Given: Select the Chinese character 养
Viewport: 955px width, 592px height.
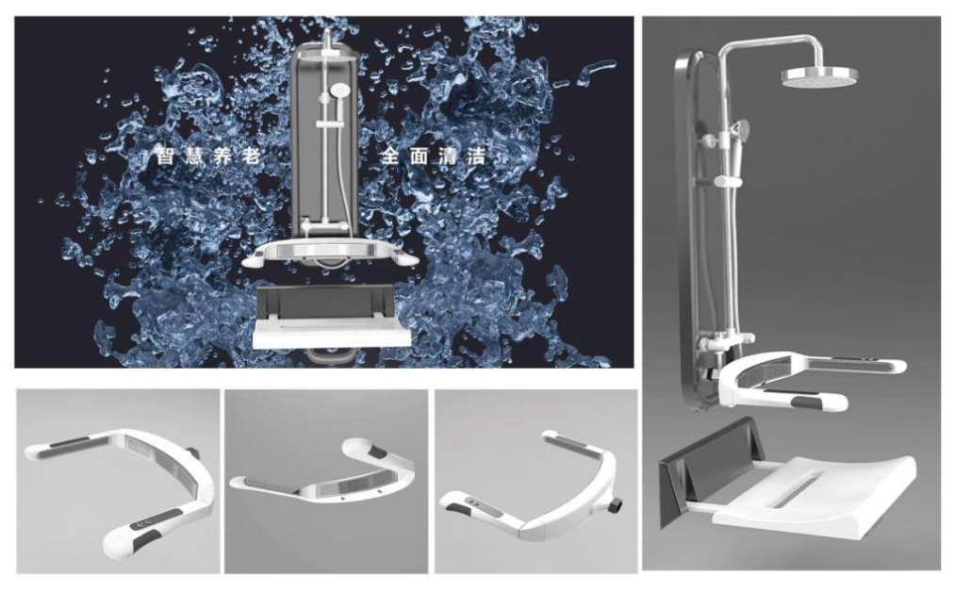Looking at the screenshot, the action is [x=222, y=156].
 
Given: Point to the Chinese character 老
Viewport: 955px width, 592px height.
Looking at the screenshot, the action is [x=251, y=156].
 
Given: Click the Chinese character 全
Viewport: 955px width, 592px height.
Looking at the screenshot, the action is [x=389, y=156].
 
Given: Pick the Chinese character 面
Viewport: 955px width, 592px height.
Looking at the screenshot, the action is [x=419, y=156].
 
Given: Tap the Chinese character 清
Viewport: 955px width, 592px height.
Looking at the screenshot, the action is [x=447, y=156].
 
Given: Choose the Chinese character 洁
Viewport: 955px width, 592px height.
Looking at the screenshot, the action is [x=476, y=156].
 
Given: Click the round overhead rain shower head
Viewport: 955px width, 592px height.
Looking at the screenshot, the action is [x=819, y=76].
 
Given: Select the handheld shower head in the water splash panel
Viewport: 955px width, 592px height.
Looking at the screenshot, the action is [x=339, y=92].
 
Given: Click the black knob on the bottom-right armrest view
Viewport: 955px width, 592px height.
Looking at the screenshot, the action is [x=615, y=505].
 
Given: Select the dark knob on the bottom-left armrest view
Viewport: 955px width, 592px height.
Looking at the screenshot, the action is [x=195, y=453].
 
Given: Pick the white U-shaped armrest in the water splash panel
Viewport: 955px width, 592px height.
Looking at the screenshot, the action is [x=330, y=254].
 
